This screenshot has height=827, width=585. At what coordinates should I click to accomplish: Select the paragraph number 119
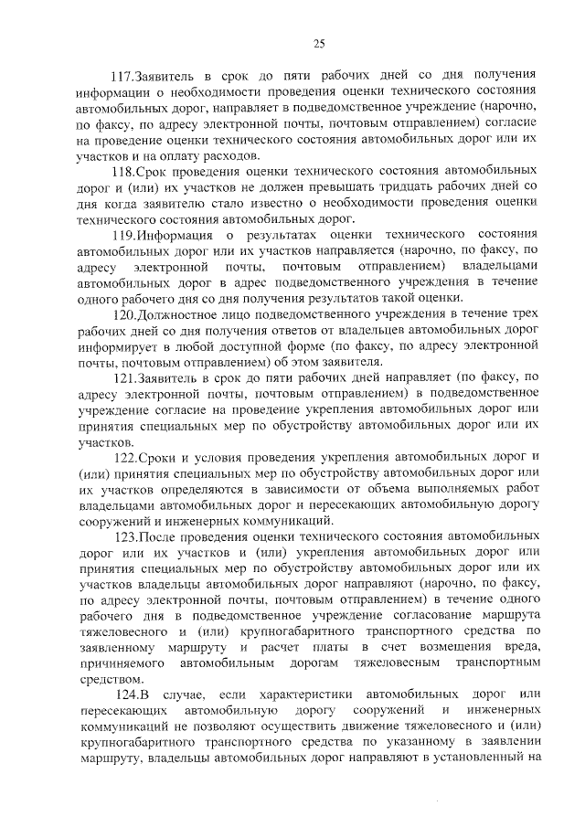coord(122,235)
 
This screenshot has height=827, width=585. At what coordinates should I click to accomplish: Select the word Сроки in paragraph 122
coord(156,457)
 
